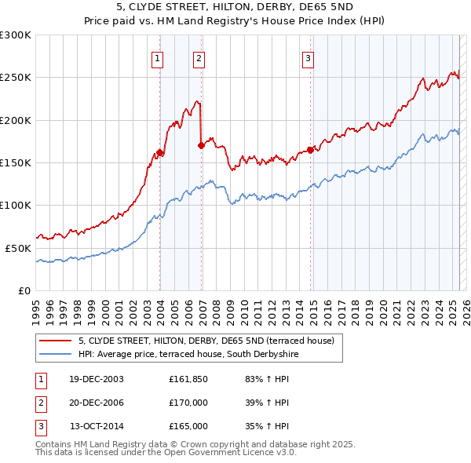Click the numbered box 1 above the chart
point(159,57)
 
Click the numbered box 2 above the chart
point(199,57)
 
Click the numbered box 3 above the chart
point(309,57)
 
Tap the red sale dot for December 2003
point(160,153)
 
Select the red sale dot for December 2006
point(202,145)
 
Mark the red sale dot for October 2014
point(311,150)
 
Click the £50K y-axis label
point(18,248)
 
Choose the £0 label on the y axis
point(24,290)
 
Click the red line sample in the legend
point(55,341)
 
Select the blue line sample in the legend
point(55,355)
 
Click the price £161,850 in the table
point(188,379)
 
